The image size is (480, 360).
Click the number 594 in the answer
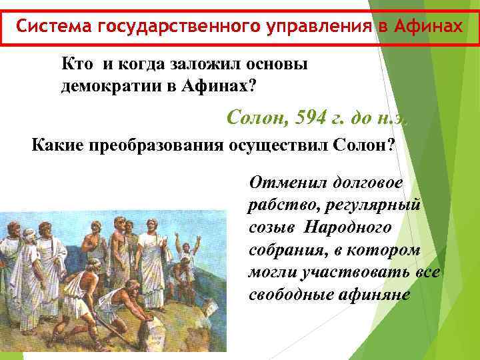tap(308, 119)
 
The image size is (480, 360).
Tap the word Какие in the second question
tap(57, 146)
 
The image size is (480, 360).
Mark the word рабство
tap(277, 205)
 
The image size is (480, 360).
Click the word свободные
tap(288, 295)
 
